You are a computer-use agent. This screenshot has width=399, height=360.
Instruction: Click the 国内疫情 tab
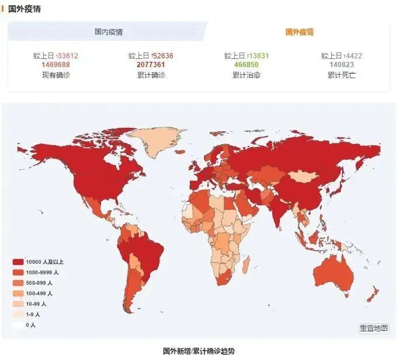click(x=109, y=32)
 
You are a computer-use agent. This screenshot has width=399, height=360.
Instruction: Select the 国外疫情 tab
click(x=299, y=32)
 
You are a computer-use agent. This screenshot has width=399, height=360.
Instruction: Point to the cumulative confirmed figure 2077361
click(x=151, y=65)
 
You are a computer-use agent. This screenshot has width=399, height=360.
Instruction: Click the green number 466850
click(x=246, y=65)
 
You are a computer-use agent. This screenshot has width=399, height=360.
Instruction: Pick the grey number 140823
click(x=342, y=65)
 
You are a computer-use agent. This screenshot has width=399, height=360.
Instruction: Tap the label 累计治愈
click(x=246, y=75)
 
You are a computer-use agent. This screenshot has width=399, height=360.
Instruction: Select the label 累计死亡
click(x=342, y=75)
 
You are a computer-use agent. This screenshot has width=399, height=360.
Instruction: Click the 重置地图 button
click(x=373, y=328)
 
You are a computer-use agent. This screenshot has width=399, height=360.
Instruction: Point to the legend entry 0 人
click(x=26, y=325)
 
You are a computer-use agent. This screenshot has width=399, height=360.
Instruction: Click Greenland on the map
click(x=155, y=140)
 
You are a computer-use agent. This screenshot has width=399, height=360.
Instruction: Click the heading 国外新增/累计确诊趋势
click(x=199, y=351)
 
